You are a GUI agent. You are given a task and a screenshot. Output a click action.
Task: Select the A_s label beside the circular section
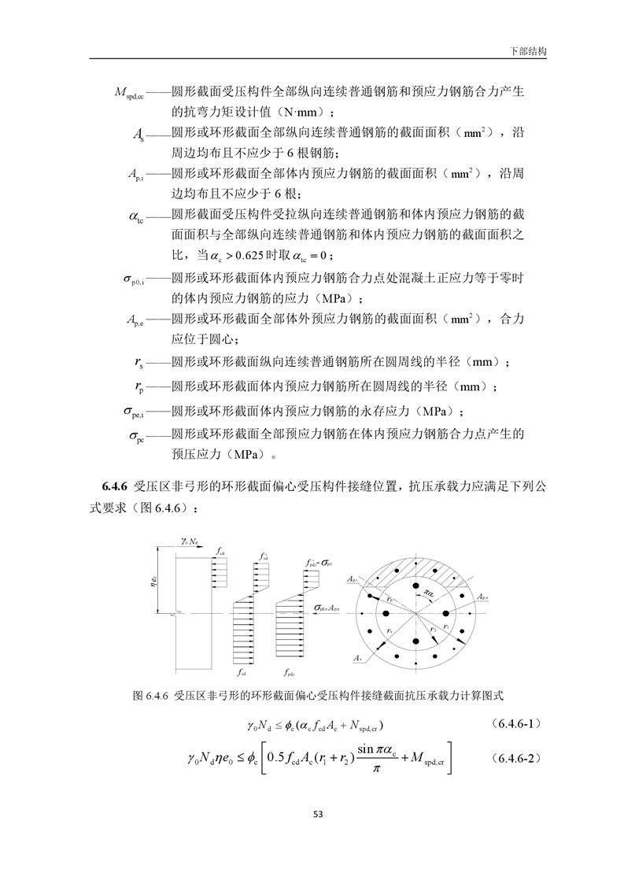point(359,656)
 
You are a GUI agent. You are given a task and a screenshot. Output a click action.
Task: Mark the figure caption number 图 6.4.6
point(150,696)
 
